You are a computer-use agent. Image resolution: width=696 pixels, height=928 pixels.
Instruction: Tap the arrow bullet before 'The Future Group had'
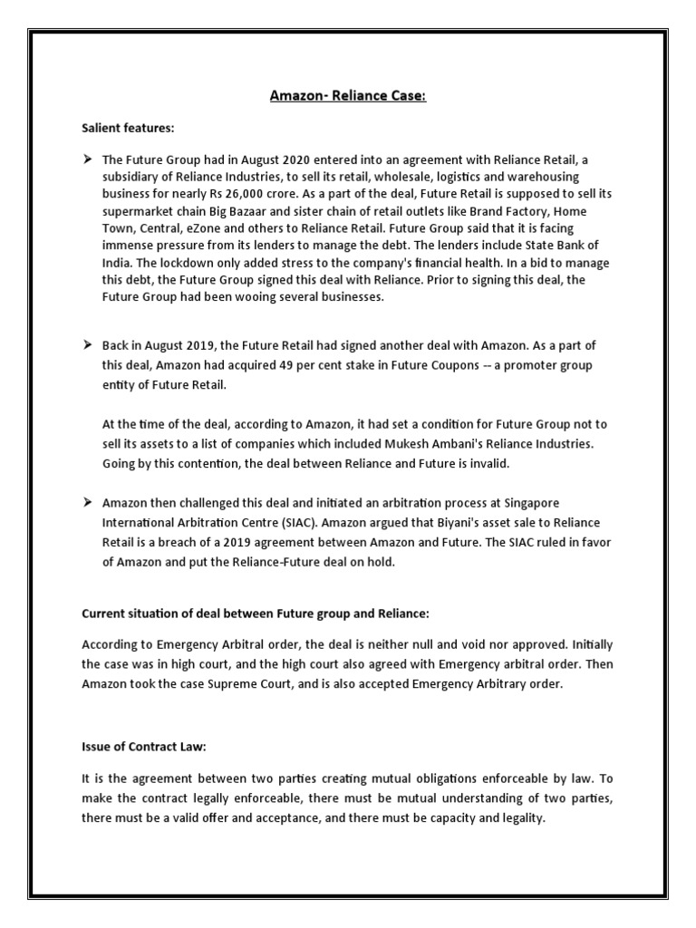click(89, 159)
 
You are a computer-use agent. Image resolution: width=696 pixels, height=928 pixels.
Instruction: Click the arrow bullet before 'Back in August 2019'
click(89, 346)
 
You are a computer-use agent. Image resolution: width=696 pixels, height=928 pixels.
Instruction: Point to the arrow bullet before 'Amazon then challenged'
click(89, 501)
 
